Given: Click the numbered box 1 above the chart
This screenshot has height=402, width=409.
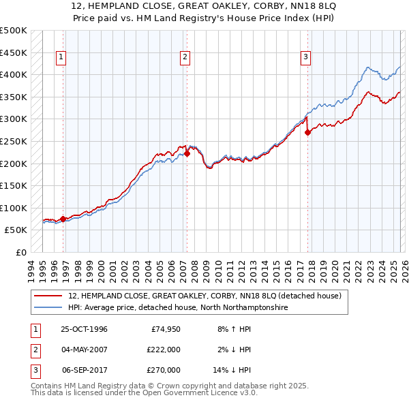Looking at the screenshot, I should (x=61, y=57).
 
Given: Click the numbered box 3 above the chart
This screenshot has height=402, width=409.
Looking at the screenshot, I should (x=305, y=57).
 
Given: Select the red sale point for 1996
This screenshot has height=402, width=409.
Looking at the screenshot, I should (x=63, y=219).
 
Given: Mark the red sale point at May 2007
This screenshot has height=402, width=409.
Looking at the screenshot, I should (x=187, y=154).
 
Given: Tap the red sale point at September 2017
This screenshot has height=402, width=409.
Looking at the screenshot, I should (x=307, y=133).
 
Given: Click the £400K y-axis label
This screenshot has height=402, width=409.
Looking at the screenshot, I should (x=14, y=75).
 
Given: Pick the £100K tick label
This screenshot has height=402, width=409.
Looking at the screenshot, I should (x=14, y=208).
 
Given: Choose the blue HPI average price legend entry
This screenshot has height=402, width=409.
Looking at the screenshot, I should (x=177, y=308).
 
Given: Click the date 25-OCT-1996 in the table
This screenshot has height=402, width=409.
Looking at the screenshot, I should (x=84, y=329).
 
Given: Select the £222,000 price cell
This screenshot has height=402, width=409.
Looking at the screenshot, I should (x=163, y=350).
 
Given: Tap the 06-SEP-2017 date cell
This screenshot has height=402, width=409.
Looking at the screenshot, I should (x=84, y=370).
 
